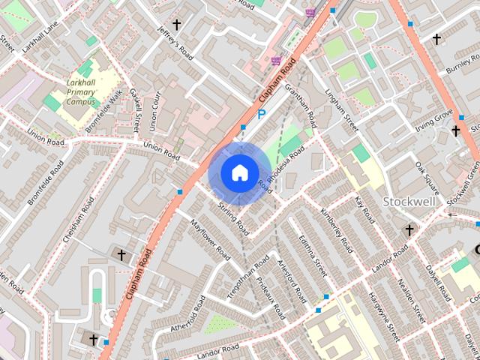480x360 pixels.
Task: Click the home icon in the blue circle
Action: coord(238,172)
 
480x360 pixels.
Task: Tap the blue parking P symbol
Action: coord(262,115)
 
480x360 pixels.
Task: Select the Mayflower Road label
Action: coord(210,240)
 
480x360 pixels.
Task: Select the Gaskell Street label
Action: coord(138,109)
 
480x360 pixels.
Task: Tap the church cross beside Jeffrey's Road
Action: coord(177,25)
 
